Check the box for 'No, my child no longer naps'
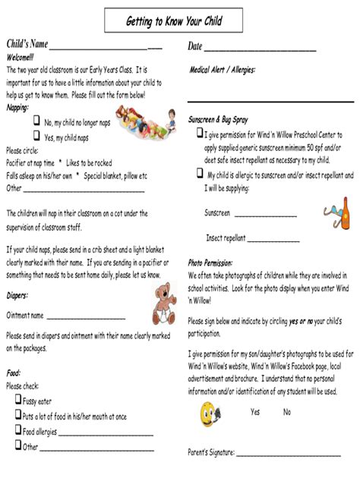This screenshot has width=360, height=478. (36, 121)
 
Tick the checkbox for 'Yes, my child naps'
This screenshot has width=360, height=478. (36, 137)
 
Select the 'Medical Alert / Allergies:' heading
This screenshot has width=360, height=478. (222, 70)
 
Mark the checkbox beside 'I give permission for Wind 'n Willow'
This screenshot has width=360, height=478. (200, 134)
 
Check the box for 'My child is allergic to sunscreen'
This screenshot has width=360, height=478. (200, 174)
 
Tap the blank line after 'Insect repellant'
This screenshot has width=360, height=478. (273, 239)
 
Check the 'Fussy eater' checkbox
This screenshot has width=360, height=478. (17, 400)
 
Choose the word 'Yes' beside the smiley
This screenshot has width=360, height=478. (255, 412)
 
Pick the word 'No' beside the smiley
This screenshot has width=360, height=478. (287, 412)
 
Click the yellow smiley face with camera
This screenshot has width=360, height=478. (209, 413)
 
